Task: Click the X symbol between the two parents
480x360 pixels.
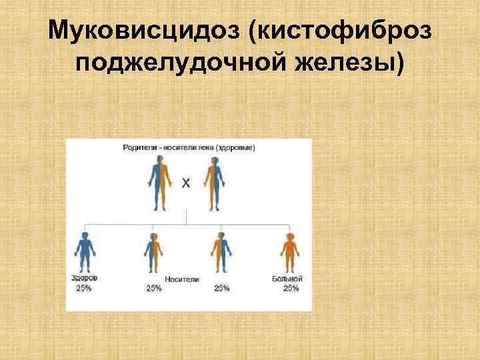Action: (185, 183)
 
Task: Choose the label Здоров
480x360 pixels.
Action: (83, 278)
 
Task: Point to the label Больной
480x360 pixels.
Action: (289, 278)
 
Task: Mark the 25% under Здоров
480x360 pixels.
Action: (83, 288)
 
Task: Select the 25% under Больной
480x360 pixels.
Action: (290, 288)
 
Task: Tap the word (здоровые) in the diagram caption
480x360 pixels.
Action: (238, 147)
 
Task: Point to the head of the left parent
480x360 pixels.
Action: (159, 160)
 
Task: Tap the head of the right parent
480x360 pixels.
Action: (213, 160)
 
